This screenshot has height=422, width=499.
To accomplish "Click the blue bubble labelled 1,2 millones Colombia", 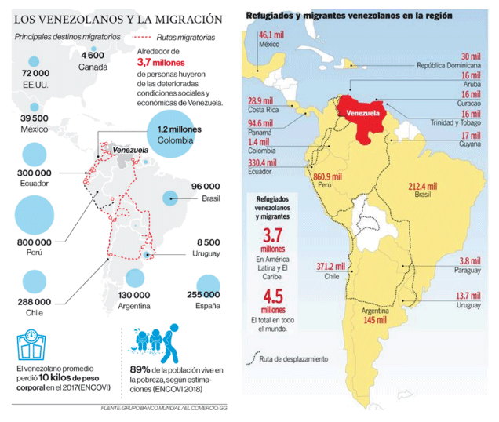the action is (x=171, y=133).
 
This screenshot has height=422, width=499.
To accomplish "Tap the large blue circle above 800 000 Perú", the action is (x=35, y=215).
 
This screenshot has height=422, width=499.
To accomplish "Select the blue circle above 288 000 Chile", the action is (x=35, y=282).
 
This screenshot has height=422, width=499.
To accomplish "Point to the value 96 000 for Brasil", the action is (x=206, y=187).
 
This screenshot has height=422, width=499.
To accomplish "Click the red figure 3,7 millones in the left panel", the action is (x=161, y=63).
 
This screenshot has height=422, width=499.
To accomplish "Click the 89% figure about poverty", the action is (x=140, y=369).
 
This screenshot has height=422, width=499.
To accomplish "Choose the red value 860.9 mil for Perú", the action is (x=327, y=177).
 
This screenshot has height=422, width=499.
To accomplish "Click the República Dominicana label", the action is (x=449, y=66).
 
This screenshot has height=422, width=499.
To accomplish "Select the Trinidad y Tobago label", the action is (x=455, y=122).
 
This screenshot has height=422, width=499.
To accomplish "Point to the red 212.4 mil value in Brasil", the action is (x=423, y=186).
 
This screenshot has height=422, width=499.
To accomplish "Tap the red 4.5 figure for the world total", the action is (x=273, y=296).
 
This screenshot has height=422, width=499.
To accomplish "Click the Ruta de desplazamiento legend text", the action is (x=293, y=359).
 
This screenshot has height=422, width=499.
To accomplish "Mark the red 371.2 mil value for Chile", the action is (x=330, y=267).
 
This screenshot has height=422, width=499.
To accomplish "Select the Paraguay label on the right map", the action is (x=467, y=271).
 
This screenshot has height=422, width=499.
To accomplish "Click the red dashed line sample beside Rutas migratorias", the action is (x=141, y=37).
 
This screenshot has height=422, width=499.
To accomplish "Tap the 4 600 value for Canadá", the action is (x=93, y=56).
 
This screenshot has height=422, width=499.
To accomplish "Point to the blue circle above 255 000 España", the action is (x=208, y=283).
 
